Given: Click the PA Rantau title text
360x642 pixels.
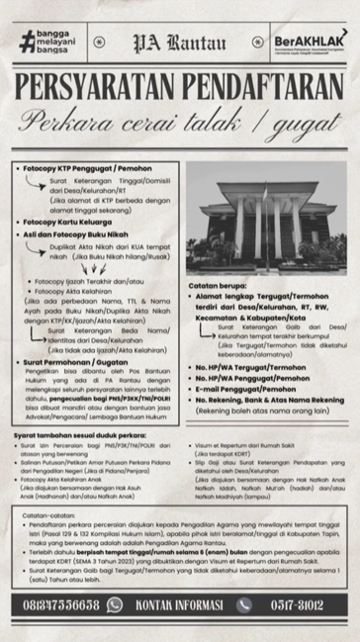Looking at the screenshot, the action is coord(180,44).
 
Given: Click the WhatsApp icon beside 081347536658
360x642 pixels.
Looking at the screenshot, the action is coord(115,605).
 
